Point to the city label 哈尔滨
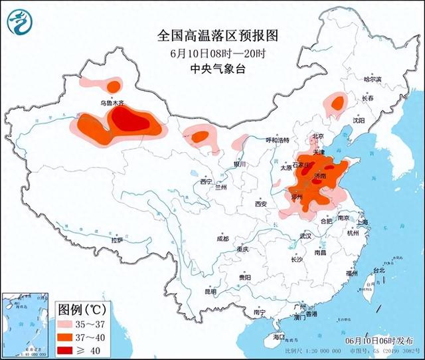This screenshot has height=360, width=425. (x=373, y=79)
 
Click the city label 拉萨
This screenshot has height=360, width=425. (x=117, y=240)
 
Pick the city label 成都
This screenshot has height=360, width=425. (x=222, y=238)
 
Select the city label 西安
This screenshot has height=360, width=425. (x=260, y=204)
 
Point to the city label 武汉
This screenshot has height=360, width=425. (x=305, y=236)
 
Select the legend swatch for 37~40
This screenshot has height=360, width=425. (x=68, y=337)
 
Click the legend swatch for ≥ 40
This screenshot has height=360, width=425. (x=68, y=350)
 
